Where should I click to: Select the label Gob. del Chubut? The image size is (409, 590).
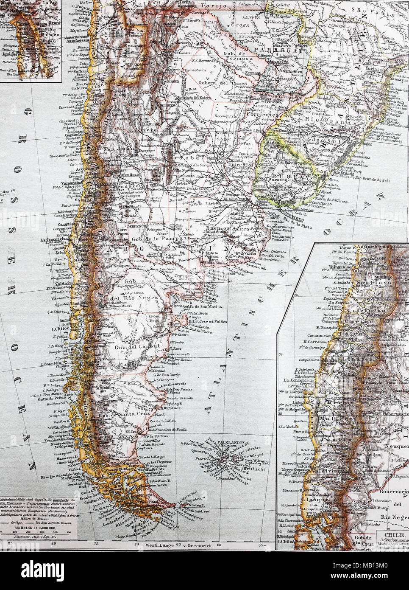(131, 347)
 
